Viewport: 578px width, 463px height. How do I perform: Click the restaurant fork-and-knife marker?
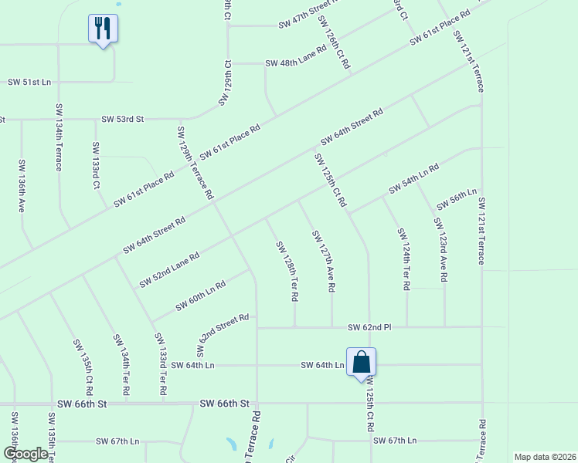(x=102, y=29)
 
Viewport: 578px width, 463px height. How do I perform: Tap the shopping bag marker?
(x=361, y=363)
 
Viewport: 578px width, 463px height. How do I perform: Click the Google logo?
(x=25, y=454)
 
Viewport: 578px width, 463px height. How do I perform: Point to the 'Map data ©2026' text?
(x=544, y=457)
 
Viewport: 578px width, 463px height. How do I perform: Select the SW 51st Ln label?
(x=29, y=82)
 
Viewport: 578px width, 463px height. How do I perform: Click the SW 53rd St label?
(x=123, y=120)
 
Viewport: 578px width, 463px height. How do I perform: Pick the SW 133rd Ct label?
(x=96, y=165)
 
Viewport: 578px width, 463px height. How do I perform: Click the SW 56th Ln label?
(x=457, y=199)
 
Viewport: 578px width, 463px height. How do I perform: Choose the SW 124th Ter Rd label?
(x=403, y=259)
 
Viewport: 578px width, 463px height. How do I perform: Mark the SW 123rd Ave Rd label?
(x=440, y=250)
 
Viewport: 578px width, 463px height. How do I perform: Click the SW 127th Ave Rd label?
(x=323, y=260)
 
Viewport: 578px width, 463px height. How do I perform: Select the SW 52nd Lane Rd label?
(x=169, y=270)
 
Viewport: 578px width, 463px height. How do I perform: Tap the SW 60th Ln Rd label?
(x=200, y=296)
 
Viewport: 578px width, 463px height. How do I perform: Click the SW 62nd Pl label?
(x=369, y=327)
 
